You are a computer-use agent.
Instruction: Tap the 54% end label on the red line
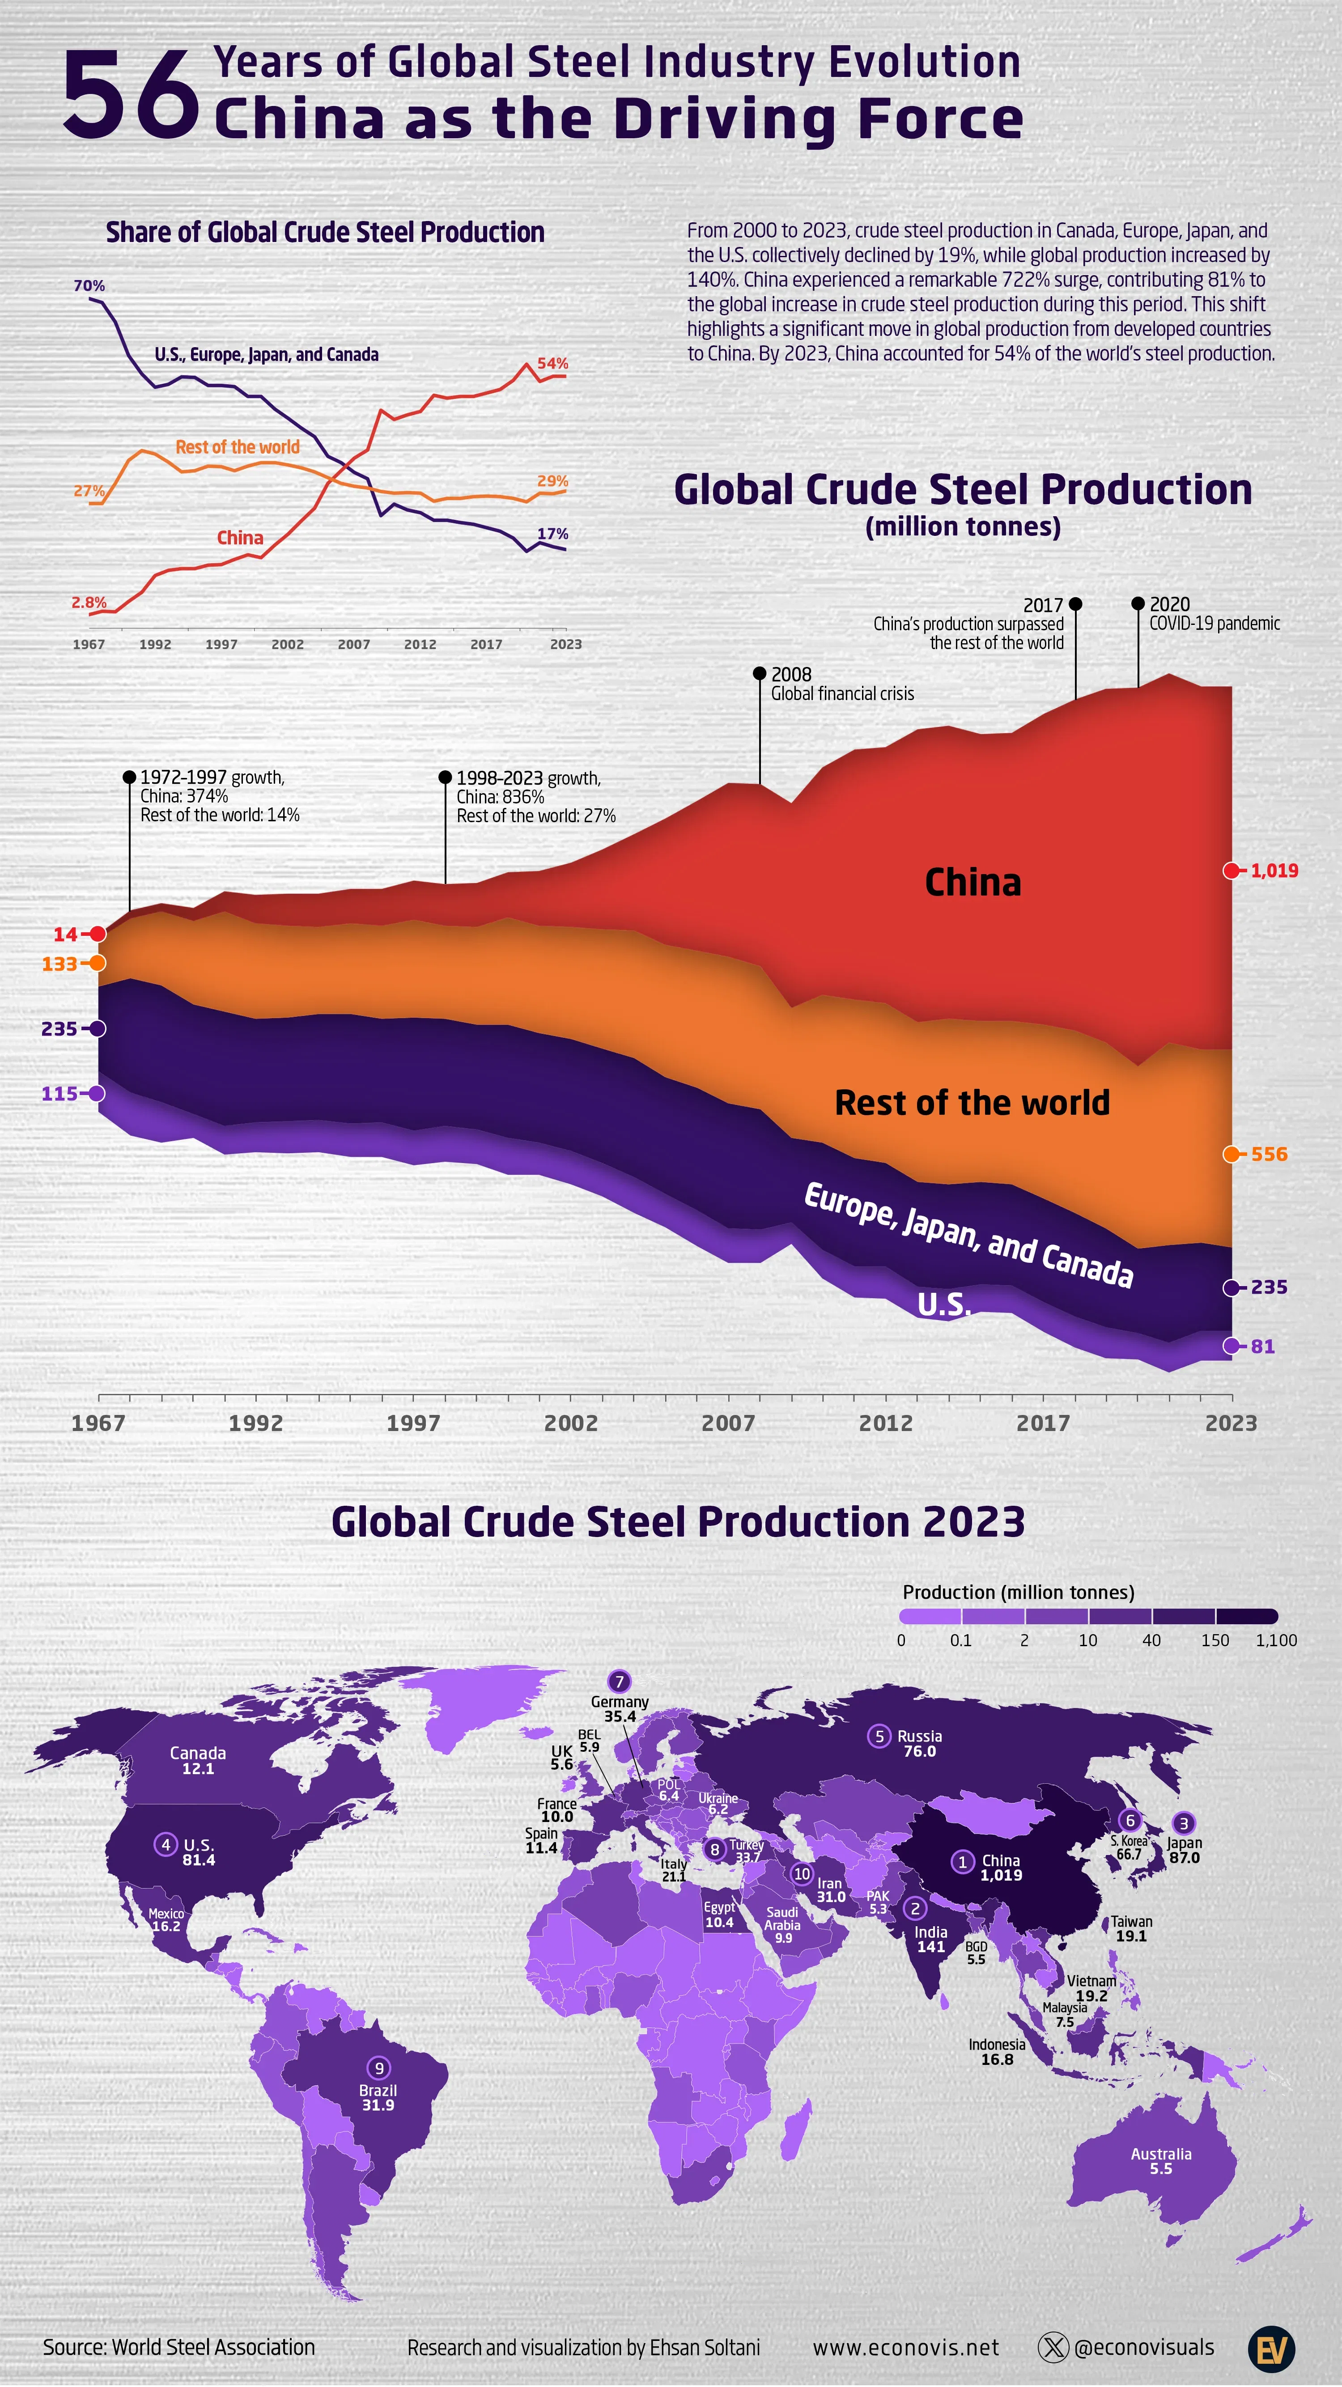point(552,363)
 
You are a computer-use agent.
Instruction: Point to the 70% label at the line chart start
point(89,285)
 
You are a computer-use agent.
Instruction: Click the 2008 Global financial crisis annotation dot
point(759,674)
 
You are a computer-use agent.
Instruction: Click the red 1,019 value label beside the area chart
point(1274,870)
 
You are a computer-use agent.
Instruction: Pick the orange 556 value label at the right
point(1269,1154)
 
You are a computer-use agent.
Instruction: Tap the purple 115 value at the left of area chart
point(59,1093)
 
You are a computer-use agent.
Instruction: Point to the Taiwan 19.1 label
point(1131,1928)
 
